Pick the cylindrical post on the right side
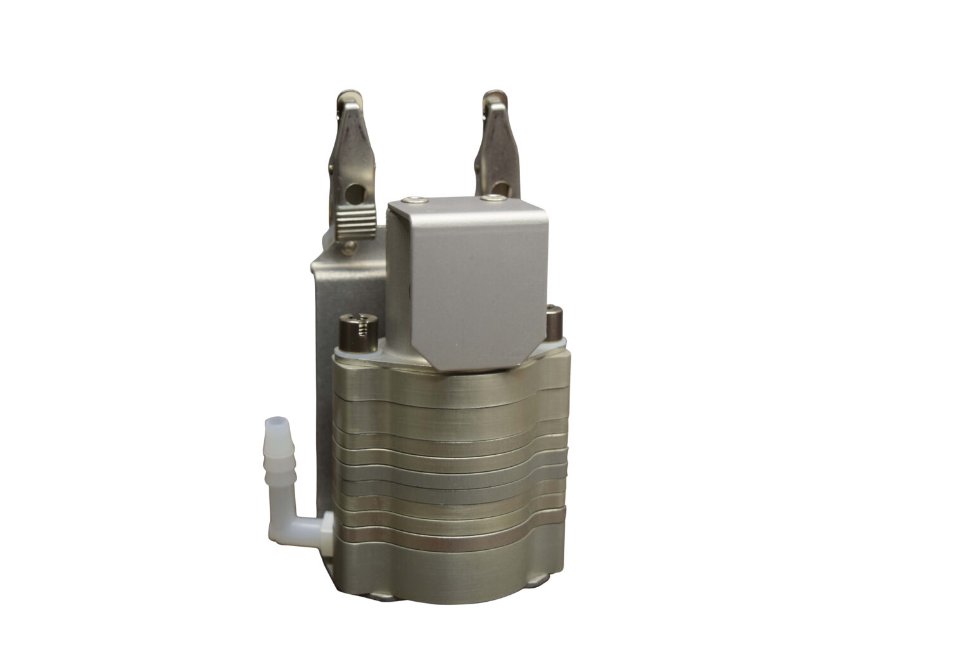click(555, 320)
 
